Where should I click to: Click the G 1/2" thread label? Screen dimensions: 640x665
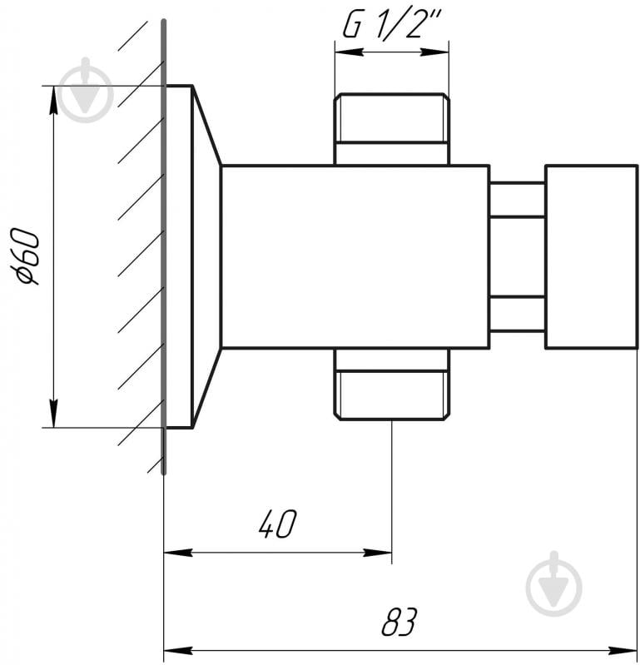point(392,26)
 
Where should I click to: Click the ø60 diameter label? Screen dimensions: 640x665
point(28,256)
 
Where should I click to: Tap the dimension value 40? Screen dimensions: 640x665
point(278,524)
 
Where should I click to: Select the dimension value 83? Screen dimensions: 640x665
point(399,622)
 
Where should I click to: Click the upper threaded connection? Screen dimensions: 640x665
point(391,129)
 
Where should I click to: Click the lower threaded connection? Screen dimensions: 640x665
point(391,385)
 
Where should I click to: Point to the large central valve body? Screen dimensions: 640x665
point(355,256)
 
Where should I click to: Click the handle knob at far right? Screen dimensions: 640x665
point(591,256)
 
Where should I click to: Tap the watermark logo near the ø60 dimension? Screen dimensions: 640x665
point(86,91)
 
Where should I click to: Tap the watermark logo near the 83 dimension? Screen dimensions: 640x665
point(554,584)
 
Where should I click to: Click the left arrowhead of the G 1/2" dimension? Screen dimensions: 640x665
point(349,52)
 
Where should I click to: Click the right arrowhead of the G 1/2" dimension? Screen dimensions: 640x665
point(434,52)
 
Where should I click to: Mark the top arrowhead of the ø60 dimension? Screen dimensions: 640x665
point(53,100)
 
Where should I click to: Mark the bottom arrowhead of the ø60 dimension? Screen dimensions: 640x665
point(53,413)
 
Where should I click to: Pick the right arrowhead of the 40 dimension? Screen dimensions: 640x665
point(378,553)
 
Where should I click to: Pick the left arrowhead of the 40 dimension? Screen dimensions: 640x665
point(178,553)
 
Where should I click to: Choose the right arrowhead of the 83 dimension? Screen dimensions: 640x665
point(623,650)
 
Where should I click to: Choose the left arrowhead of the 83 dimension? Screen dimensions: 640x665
point(178,650)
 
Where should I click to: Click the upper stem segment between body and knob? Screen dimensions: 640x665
point(518,200)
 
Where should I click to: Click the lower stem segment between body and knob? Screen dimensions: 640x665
point(518,314)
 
